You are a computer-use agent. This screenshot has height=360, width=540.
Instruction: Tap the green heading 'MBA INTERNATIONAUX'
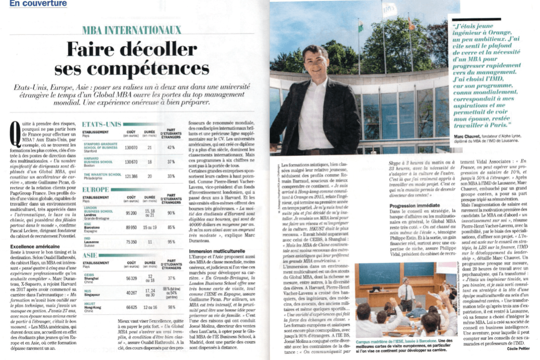[x=131, y=30]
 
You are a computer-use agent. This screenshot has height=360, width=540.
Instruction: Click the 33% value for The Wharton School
[x=170, y=177]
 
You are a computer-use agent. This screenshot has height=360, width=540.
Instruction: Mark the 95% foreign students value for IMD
[x=170, y=243]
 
